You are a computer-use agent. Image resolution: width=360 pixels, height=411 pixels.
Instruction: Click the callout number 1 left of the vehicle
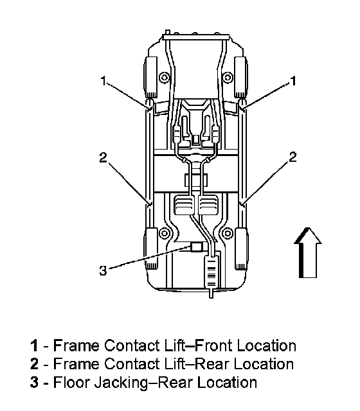pyautogui.click(x=104, y=81)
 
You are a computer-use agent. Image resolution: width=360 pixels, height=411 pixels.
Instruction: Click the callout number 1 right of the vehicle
pyautogui.click(x=293, y=81)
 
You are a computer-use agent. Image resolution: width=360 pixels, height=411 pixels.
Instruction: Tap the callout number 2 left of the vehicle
pyautogui.click(x=103, y=157)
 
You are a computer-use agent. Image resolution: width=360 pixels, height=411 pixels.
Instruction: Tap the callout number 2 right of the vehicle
pyautogui.click(x=292, y=157)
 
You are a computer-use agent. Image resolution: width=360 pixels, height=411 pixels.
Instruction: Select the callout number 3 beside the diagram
pyautogui.click(x=103, y=270)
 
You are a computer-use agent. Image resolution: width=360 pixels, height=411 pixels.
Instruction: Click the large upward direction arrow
pyautogui.click(x=307, y=252)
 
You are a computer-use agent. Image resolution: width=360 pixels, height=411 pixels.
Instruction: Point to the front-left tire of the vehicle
pyautogui.click(x=150, y=77)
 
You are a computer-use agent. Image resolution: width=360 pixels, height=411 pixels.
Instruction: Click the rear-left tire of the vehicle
pyautogui.click(x=151, y=249)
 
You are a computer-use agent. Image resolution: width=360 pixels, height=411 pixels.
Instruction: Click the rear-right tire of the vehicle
pyautogui.click(x=242, y=249)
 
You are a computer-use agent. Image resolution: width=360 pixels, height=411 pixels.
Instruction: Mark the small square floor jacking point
pyautogui.click(x=196, y=247)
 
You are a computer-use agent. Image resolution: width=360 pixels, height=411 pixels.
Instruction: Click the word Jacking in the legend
pyautogui.click(x=122, y=383)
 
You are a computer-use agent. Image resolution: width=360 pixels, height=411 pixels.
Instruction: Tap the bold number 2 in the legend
pyautogui.click(x=34, y=364)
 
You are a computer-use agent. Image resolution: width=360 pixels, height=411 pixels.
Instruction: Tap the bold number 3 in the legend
pyautogui.click(x=34, y=383)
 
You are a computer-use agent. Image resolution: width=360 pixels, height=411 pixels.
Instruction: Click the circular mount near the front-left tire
pyautogui.click(x=165, y=78)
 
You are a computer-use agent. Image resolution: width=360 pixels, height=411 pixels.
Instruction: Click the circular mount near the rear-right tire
pyautogui.click(x=228, y=233)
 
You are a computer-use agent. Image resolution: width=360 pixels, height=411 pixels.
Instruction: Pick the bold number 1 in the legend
pyautogui.click(x=34, y=345)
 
